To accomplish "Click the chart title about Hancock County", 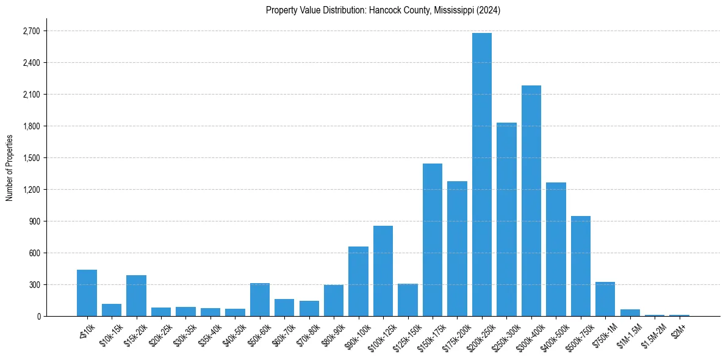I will pyautogui.click(x=383, y=10).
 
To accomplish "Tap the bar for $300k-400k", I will pyautogui.click(x=531, y=201).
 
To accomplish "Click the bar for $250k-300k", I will pyautogui.click(x=506, y=220).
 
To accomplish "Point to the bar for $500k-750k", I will pyautogui.click(x=581, y=266).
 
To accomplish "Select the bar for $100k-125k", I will pyautogui.click(x=383, y=271).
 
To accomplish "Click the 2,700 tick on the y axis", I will pyautogui.click(x=31, y=31).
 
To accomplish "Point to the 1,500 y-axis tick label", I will pyautogui.click(x=31, y=158).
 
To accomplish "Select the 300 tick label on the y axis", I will pyautogui.click(x=34, y=285).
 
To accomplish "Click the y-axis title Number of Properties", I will pyautogui.click(x=9, y=167).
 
